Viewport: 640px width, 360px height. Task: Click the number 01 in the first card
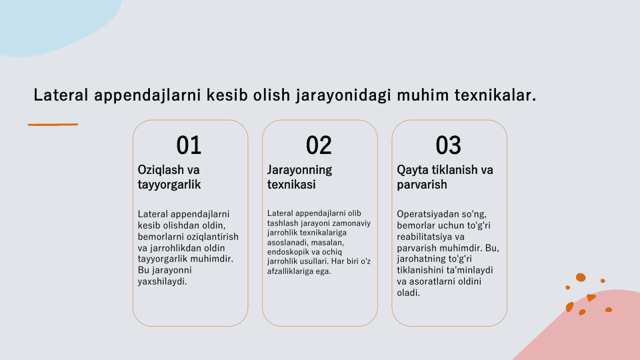(x=189, y=145)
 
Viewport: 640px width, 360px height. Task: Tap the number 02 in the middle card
(x=319, y=145)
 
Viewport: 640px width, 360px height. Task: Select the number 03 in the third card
(x=448, y=145)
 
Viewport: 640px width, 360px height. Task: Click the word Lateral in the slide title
(x=61, y=95)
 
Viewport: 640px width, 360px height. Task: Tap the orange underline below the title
(x=53, y=125)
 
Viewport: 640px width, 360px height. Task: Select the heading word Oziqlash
(x=162, y=170)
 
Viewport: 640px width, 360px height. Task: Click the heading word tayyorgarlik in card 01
(x=169, y=185)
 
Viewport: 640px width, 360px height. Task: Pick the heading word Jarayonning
(x=299, y=170)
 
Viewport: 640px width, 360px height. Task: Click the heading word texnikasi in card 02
(x=291, y=185)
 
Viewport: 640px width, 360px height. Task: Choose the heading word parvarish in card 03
(x=422, y=185)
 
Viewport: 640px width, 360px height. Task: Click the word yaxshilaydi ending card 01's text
(x=162, y=281)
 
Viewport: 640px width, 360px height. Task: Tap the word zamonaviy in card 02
(x=352, y=223)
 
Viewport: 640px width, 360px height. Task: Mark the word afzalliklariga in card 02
(x=291, y=271)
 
